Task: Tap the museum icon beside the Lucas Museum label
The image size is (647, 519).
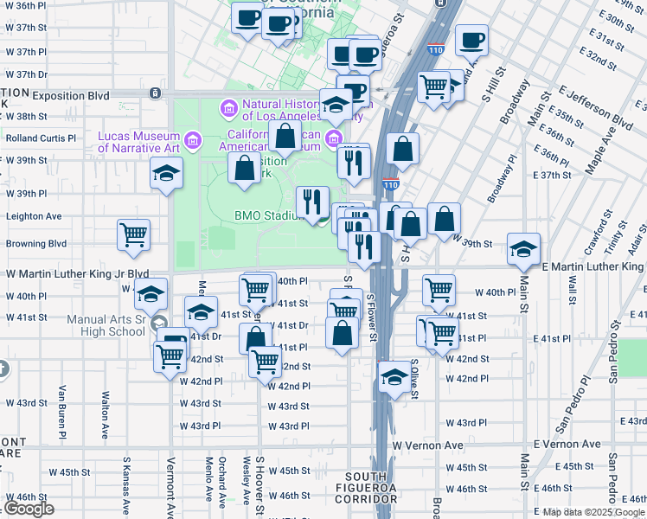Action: (193, 139)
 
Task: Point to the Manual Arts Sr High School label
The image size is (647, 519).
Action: (106, 325)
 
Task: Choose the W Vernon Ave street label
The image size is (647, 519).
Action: (428, 445)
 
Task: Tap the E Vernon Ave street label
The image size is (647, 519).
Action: (567, 444)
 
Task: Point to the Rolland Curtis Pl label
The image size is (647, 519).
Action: (41, 138)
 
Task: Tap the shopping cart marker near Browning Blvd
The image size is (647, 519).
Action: (133, 234)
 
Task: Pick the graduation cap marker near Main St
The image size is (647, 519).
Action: (523, 249)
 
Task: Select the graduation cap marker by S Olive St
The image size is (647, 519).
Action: (394, 377)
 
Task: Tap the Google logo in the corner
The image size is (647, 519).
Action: (29, 509)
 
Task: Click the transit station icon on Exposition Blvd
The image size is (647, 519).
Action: (154, 93)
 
